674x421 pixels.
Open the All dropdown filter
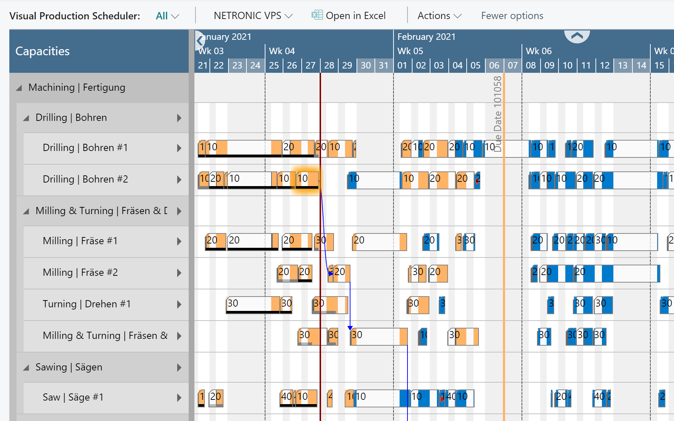tap(167, 16)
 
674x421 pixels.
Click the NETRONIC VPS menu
tap(253, 16)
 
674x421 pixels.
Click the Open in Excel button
tap(349, 16)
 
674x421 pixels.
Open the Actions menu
tap(439, 16)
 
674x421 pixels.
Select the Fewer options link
tap(512, 16)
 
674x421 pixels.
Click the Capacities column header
tap(43, 51)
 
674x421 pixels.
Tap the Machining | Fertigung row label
tap(77, 87)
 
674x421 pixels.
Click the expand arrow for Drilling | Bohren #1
tap(179, 148)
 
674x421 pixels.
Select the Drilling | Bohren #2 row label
tap(85, 179)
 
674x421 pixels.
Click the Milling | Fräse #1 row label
tap(80, 241)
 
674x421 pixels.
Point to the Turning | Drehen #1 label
tap(86, 304)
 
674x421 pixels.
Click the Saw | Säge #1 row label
tap(73, 397)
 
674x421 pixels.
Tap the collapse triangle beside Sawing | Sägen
tap(26, 368)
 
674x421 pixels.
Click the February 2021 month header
tap(426, 37)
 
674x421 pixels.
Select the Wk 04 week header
tap(282, 51)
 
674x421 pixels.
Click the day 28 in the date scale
tap(329, 66)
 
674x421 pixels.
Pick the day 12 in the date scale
tap(604, 66)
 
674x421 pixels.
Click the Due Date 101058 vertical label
tap(498, 114)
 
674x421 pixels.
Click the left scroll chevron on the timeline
tap(199, 41)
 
